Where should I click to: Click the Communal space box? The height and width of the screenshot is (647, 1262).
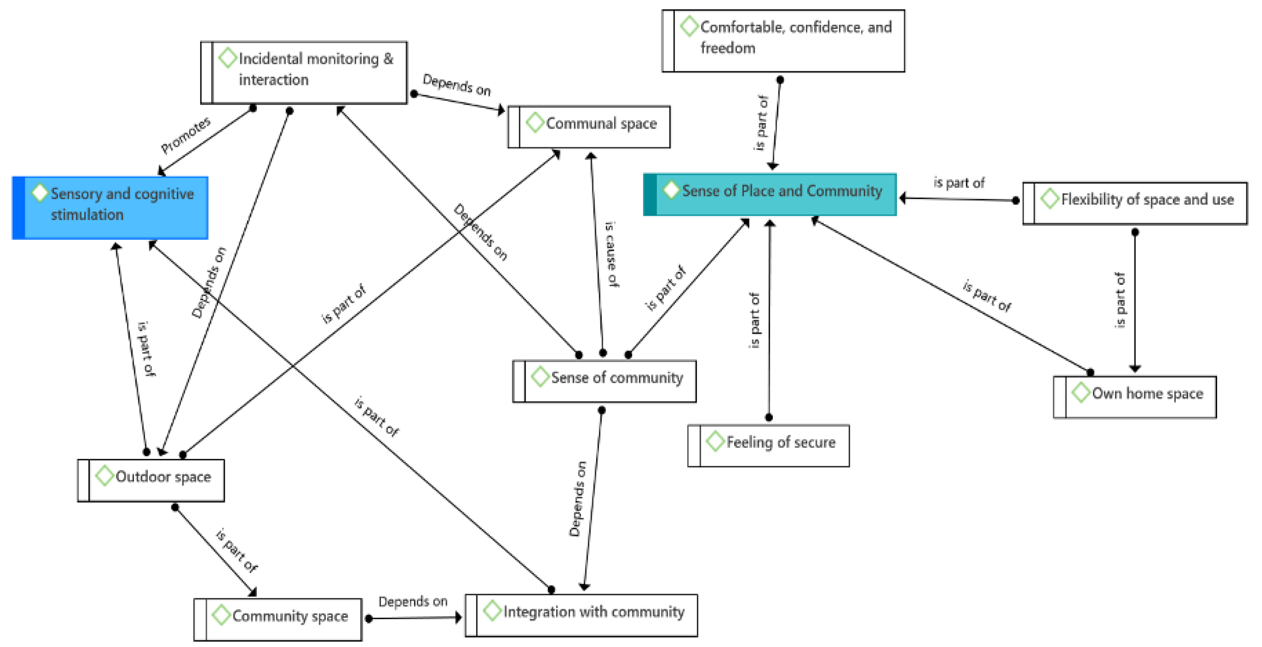pyautogui.click(x=589, y=126)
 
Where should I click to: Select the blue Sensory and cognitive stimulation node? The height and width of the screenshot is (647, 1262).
pyautogui.click(x=111, y=208)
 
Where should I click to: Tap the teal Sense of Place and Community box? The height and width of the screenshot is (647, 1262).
pyautogui.click(x=770, y=194)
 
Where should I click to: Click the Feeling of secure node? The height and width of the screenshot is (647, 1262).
pyautogui.click(x=769, y=445)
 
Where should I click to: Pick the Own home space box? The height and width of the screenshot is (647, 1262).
pyautogui.click(x=1135, y=396)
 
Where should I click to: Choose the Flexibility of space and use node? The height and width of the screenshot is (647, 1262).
pyautogui.click(x=1135, y=203)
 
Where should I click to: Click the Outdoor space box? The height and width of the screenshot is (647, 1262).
pyautogui.click(x=151, y=480)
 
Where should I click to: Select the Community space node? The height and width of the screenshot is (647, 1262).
pyautogui.click(x=278, y=619)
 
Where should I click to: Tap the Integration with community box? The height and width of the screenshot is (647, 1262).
pyautogui.click(x=581, y=615)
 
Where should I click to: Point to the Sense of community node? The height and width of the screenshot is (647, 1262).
pyautogui.click(x=604, y=381)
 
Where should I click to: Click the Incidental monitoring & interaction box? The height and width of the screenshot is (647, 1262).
pyautogui.click(x=304, y=72)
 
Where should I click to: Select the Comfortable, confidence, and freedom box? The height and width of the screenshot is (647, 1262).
pyautogui.click(x=783, y=41)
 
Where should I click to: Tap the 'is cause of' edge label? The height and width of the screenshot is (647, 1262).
pyautogui.click(x=611, y=254)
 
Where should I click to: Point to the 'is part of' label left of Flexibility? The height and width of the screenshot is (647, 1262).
pyautogui.click(x=959, y=183)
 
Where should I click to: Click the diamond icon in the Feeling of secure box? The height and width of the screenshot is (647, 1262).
pyautogui.click(x=715, y=441)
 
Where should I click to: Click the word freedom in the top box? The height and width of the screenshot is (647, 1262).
pyautogui.click(x=728, y=48)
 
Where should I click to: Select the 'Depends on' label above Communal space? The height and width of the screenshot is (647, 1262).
pyautogui.click(x=457, y=85)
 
